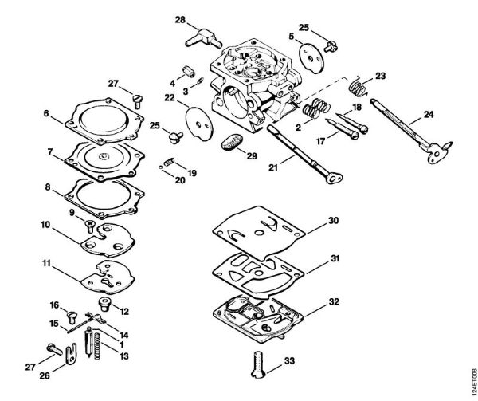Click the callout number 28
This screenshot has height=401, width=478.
[x=180, y=19]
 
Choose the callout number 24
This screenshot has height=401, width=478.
[x=429, y=115]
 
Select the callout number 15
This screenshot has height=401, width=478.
[x=54, y=323]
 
